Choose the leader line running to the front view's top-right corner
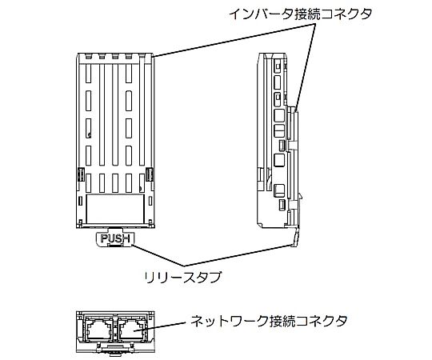coord(232,37)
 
